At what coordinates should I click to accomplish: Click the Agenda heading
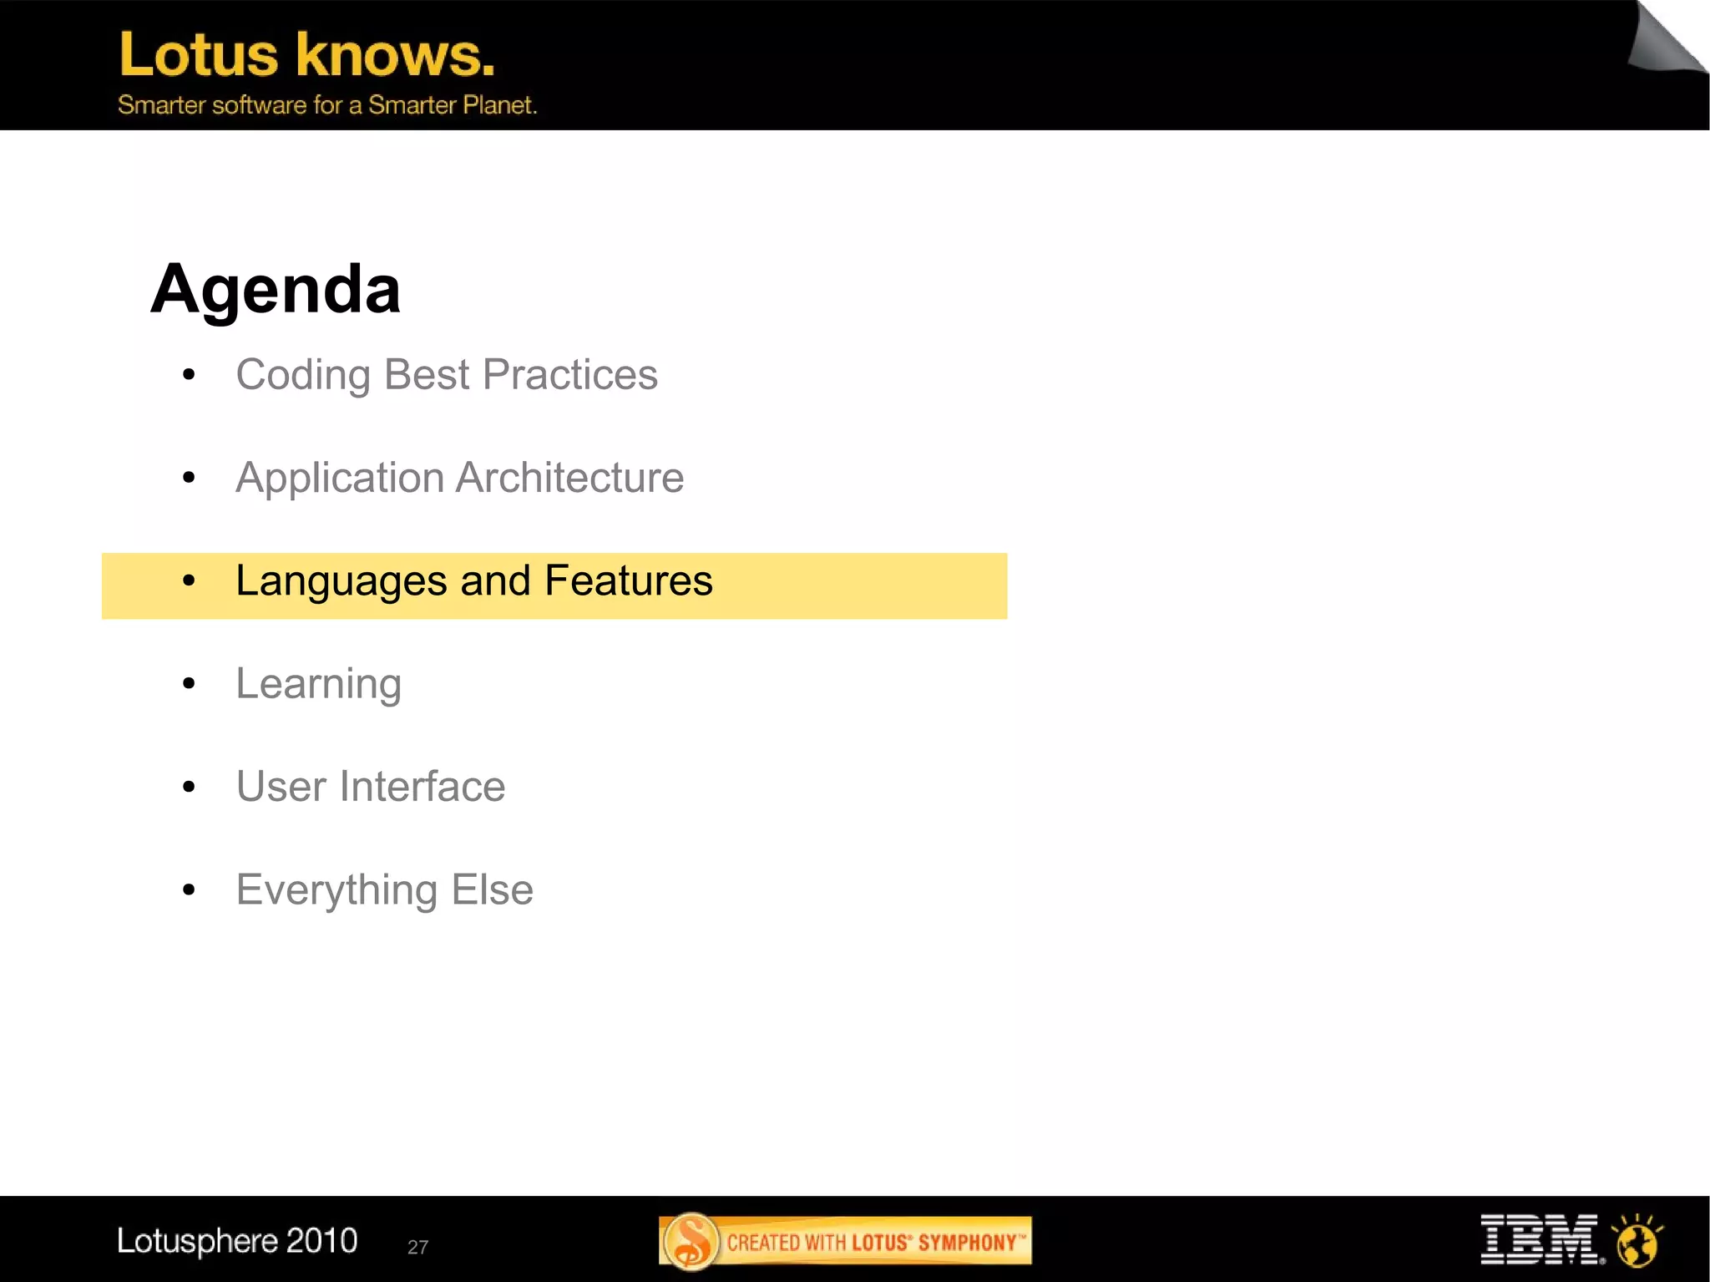tap(276, 289)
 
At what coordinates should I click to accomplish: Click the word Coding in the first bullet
tap(302, 375)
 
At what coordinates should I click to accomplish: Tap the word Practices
tap(570, 375)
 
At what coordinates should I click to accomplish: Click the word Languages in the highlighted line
tap(341, 582)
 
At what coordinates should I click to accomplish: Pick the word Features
tap(628, 580)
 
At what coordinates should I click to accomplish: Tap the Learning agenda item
tap(318, 685)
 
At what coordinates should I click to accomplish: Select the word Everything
tap(336, 890)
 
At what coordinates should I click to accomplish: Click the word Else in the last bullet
tap(492, 889)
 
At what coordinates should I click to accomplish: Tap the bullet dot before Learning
tap(189, 684)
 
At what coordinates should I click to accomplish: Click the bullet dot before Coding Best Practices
tap(189, 375)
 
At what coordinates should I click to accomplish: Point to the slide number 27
tap(417, 1247)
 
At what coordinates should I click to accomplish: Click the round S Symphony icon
tap(691, 1241)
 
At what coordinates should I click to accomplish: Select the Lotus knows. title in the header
tap(307, 55)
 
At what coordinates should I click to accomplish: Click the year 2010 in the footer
tap(321, 1241)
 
